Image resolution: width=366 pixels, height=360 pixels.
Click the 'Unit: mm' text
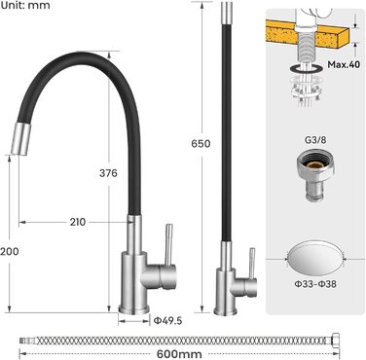tap(25, 5)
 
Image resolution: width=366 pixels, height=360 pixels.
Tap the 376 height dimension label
tap(108, 173)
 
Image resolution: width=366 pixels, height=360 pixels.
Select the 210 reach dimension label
tap(78, 222)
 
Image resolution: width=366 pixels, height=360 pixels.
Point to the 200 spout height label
tap(10, 251)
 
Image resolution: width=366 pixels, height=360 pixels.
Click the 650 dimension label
tap(201, 144)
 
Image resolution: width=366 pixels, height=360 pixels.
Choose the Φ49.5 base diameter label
tap(167, 321)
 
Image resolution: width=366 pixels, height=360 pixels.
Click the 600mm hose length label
tap(179, 354)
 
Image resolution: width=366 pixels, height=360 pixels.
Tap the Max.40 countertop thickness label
tap(344, 64)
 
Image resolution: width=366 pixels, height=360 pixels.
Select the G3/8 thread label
tap(315, 140)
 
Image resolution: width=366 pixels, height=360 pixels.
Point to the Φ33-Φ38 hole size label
tap(315, 284)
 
